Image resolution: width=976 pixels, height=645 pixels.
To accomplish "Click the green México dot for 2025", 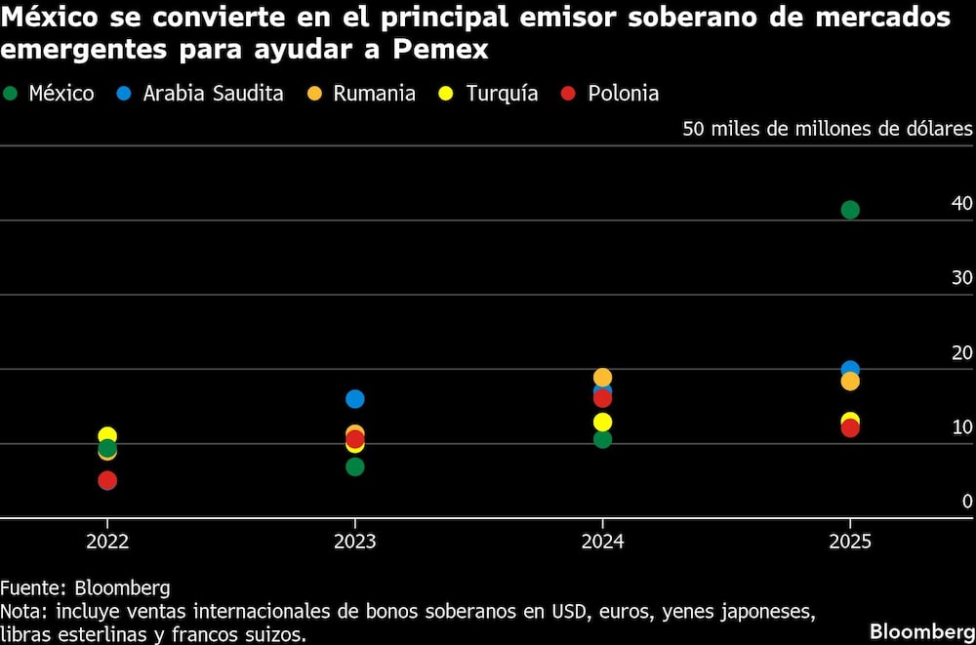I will [x=850, y=210].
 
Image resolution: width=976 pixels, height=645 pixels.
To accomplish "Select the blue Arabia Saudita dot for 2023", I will [x=355, y=399].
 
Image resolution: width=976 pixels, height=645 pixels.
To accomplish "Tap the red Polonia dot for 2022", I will [x=107, y=481].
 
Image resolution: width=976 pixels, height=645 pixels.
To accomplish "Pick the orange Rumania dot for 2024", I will [x=602, y=377].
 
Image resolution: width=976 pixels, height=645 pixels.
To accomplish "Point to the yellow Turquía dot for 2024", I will [x=602, y=423].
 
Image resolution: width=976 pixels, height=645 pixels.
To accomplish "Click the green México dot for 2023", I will [x=355, y=467].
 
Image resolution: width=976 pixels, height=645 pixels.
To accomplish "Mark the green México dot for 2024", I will [x=602, y=440].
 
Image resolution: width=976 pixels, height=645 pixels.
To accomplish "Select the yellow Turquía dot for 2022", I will [x=107, y=434].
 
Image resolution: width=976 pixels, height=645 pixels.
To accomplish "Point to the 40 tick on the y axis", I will [x=961, y=204].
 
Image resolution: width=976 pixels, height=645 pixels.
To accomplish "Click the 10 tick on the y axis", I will [x=961, y=427].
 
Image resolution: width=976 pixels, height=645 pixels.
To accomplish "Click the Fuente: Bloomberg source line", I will [x=85, y=588].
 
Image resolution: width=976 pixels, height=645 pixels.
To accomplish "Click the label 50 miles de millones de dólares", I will [x=828, y=130].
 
